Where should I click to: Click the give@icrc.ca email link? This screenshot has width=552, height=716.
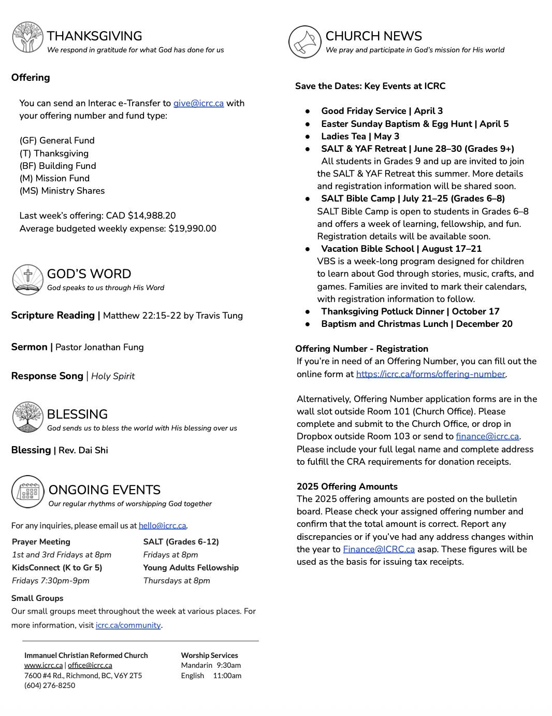click(198, 103)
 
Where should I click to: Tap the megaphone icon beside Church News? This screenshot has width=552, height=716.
click(304, 42)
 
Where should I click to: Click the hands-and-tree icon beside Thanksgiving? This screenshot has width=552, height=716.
click(27, 37)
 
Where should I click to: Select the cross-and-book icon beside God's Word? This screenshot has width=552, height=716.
click(27, 280)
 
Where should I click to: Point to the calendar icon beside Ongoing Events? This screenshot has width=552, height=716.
click(28, 491)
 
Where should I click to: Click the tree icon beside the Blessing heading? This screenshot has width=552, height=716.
click(27, 417)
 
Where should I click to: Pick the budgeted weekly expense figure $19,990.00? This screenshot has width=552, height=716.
click(192, 228)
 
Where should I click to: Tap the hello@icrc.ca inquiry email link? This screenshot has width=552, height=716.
click(162, 525)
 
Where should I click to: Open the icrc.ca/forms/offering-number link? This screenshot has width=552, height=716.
click(430, 374)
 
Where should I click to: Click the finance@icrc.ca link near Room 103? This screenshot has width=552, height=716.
click(487, 437)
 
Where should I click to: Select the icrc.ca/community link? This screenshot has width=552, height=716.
click(128, 625)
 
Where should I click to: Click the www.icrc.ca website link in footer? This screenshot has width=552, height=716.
click(43, 665)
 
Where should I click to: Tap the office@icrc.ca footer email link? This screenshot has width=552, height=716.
click(90, 665)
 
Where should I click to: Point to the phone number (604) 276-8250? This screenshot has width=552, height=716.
click(50, 685)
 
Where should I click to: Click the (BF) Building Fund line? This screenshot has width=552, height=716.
click(57, 166)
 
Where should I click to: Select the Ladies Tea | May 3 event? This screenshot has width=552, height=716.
click(360, 136)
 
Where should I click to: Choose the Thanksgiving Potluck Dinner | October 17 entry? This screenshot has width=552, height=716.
click(410, 311)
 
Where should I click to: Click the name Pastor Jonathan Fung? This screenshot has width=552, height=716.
click(99, 347)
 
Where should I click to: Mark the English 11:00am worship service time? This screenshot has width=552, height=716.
click(211, 676)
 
